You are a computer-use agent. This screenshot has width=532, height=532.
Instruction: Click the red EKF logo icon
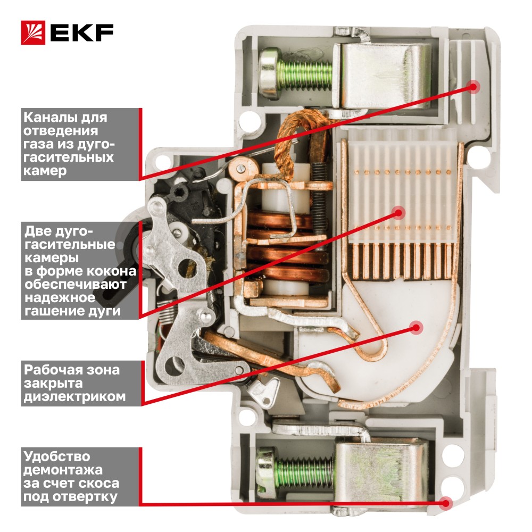coord(33,32)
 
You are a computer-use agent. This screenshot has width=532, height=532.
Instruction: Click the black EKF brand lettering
coord(82,32)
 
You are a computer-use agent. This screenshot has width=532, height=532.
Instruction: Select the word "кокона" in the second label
coord(111,271)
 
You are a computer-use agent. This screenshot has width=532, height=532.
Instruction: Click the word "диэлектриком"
coord(74,396)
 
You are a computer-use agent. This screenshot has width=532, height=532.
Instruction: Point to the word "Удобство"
coord(57,456)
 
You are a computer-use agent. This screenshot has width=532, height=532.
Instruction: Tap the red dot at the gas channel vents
coord(472,87)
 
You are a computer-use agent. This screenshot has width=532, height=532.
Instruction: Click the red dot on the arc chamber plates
coord(398,213)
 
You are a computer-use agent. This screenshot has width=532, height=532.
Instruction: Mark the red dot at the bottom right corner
coord(446,503)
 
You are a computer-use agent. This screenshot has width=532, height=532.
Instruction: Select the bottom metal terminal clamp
coord(381,471)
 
